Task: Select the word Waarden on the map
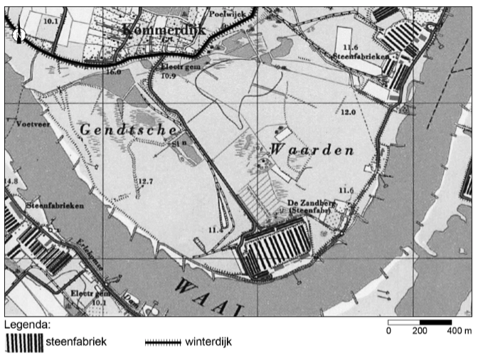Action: (x=311, y=151)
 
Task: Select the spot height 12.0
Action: (x=348, y=112)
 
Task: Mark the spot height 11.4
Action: (x=216, y=230)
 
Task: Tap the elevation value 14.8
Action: (x=11, y=181)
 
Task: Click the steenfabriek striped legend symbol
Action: (x=23, y=342)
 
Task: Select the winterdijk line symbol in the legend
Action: (x=163, y=342)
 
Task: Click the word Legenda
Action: (x=27, y=325)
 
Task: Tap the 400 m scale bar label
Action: (x=459, y=331)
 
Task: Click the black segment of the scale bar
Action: (x=435, y=322)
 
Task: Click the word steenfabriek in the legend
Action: (x=76, y=342)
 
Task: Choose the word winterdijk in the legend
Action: (x=208, y=342)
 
